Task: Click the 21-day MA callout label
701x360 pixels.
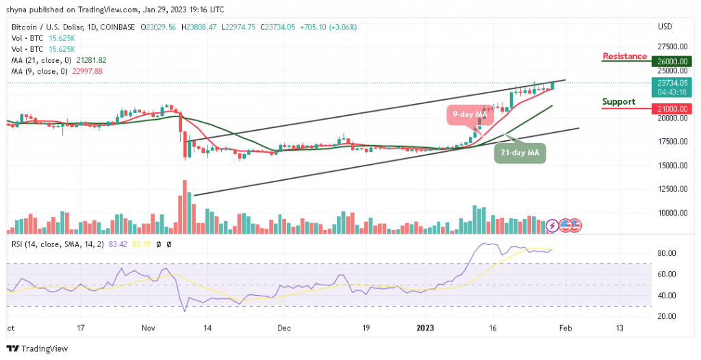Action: pyautogui.click(x=520, y=153)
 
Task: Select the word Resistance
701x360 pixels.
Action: pyautogui.click(x=624, y=56)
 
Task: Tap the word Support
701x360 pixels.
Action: pyautogui.click(x=619, y=102)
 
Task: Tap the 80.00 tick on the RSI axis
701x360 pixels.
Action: pyautogui.click(x=667, y=253)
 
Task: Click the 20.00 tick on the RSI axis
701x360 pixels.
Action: pyautogui.click(x=667, y=316)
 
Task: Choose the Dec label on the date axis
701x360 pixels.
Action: pyautogui.click(x=285, y=328)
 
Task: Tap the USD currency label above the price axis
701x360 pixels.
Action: pyautogui.click(x=664, y=27)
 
